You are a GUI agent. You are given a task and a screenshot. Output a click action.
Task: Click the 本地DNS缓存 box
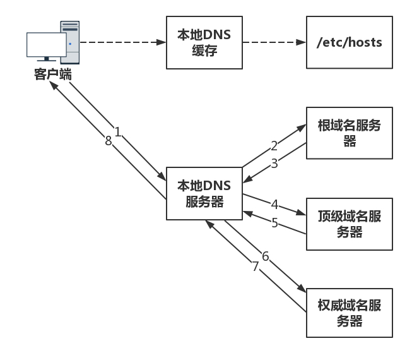tap(204, 44)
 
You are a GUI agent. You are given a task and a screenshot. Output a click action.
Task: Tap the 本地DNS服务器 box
tap(204, 193)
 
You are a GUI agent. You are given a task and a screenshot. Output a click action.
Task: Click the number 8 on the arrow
tap(108, 141)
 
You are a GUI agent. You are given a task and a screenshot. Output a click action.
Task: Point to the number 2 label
tap(274, 146)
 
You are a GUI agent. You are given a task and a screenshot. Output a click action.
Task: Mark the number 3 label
tap(274, 163)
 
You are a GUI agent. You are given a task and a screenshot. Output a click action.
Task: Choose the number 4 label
tap(274, 205)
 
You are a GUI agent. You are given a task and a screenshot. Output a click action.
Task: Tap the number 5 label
tap(274, 222)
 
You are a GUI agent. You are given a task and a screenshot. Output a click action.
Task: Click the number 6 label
tap(265, 256)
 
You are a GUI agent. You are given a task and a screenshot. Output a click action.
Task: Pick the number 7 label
tap(256, 267)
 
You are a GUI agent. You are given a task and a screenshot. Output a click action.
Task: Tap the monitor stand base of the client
tap(46, 64)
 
